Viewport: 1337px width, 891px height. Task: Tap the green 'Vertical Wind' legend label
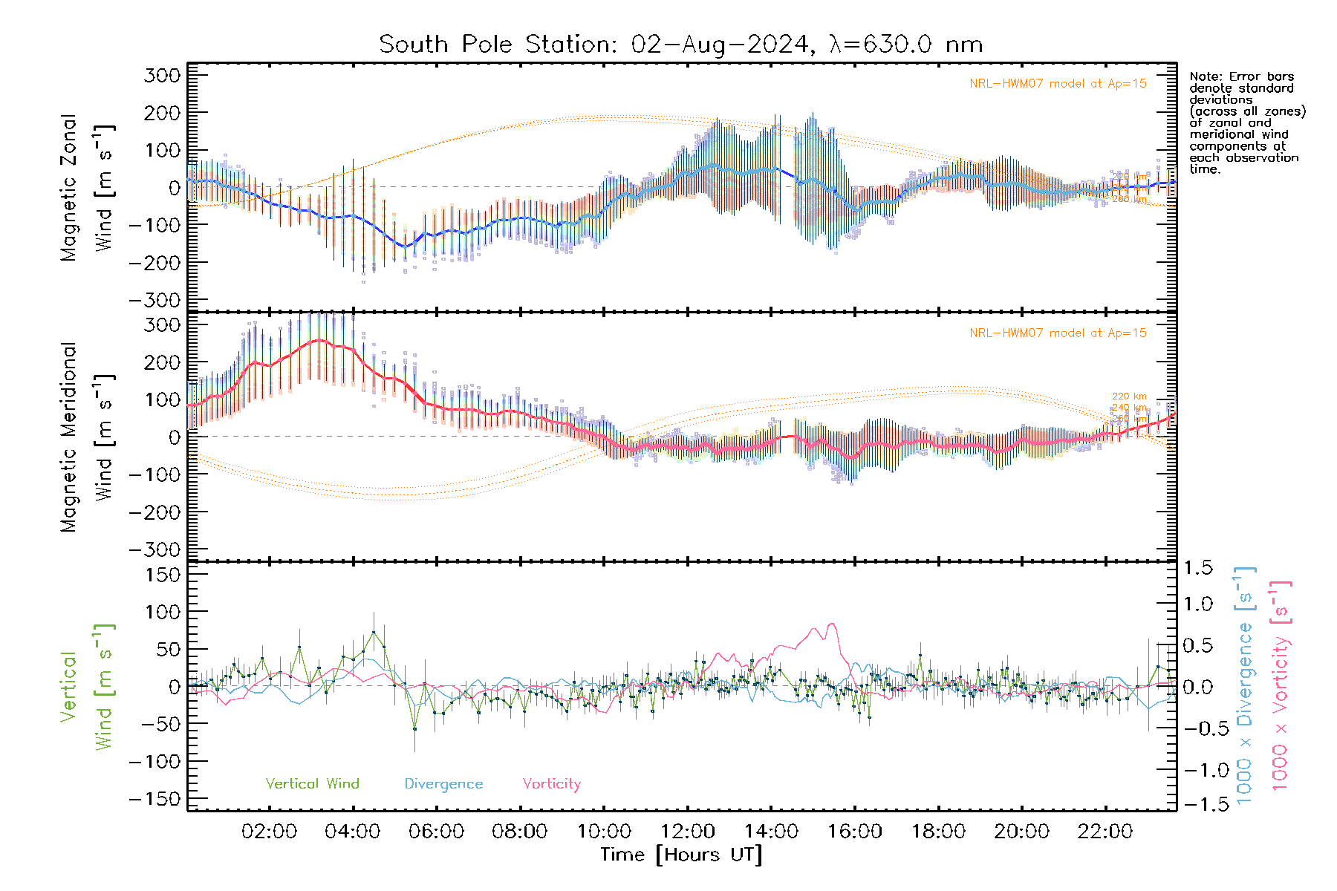pyautogui.click(x=312, y=783)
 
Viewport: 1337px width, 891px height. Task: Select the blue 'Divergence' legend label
pyautogui.click(x=443, y=783)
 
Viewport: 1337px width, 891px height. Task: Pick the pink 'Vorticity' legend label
pyautogui.click(x=551, y=783)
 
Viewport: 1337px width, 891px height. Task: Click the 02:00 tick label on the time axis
pyautogui.click(x=269, y=831)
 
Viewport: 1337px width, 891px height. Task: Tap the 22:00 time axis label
pyautogui.click(x=1105, y=831)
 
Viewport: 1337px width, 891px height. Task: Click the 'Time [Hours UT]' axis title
pyautogui.click(x=681, y=855)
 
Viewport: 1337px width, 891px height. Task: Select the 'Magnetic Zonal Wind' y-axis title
pyautogui.click(x=87, y=187)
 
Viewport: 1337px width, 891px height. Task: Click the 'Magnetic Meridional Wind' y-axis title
pyautogui.click(x=87, y=437)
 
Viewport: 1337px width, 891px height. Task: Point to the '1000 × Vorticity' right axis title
pyautogui.click(x=1281, y=685)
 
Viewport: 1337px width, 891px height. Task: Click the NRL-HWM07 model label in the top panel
pyautogui.click(x=1058, y=84)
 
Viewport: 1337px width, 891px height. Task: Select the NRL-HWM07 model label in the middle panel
pyautogui.click(x=1058, y=333)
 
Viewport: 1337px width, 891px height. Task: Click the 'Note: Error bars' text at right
pyautogui.click(x=1241, y=76)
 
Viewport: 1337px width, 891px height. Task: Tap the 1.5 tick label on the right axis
pyautogui.click(x=1197, y=568)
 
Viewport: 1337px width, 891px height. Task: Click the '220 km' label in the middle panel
pyautogui.click(x=1129, y=396)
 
